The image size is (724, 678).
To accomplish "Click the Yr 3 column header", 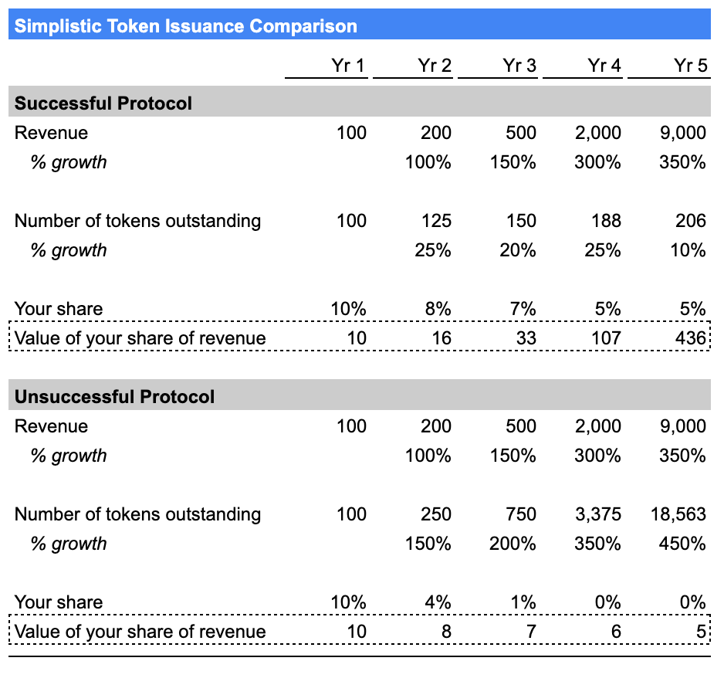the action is pos(519,66).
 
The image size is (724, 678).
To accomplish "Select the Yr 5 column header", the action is pos(690,66).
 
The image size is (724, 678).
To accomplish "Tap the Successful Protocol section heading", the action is pos(103,103).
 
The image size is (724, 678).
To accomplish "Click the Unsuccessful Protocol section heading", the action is pos(114,397).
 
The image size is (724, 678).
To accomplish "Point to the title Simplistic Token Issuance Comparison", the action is pos(185,25).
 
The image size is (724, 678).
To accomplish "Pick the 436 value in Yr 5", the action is pos(691,338).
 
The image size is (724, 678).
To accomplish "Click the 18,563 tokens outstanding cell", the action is pos(678,514).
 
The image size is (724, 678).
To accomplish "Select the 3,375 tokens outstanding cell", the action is pos(598,514).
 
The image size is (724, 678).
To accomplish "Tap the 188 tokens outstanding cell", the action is pos(606,221).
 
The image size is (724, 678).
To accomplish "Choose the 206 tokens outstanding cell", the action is pos(691,221).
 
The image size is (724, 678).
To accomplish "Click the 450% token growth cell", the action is pos(682,544).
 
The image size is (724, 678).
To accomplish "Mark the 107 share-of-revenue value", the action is pos(606,338).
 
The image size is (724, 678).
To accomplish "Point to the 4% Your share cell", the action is pos(438,602).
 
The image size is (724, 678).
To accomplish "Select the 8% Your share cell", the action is pos(438,309).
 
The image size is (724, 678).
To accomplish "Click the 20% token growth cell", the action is pos(518,250).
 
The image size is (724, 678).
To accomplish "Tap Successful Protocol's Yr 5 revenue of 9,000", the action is pos(683,133).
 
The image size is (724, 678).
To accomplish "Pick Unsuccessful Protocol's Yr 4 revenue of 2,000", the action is pos(598,426).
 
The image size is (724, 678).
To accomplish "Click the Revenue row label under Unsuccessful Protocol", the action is pos(51,426).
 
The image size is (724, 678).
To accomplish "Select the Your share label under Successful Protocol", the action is pos(59,309).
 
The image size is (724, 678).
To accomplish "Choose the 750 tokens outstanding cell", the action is pos(521,514).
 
